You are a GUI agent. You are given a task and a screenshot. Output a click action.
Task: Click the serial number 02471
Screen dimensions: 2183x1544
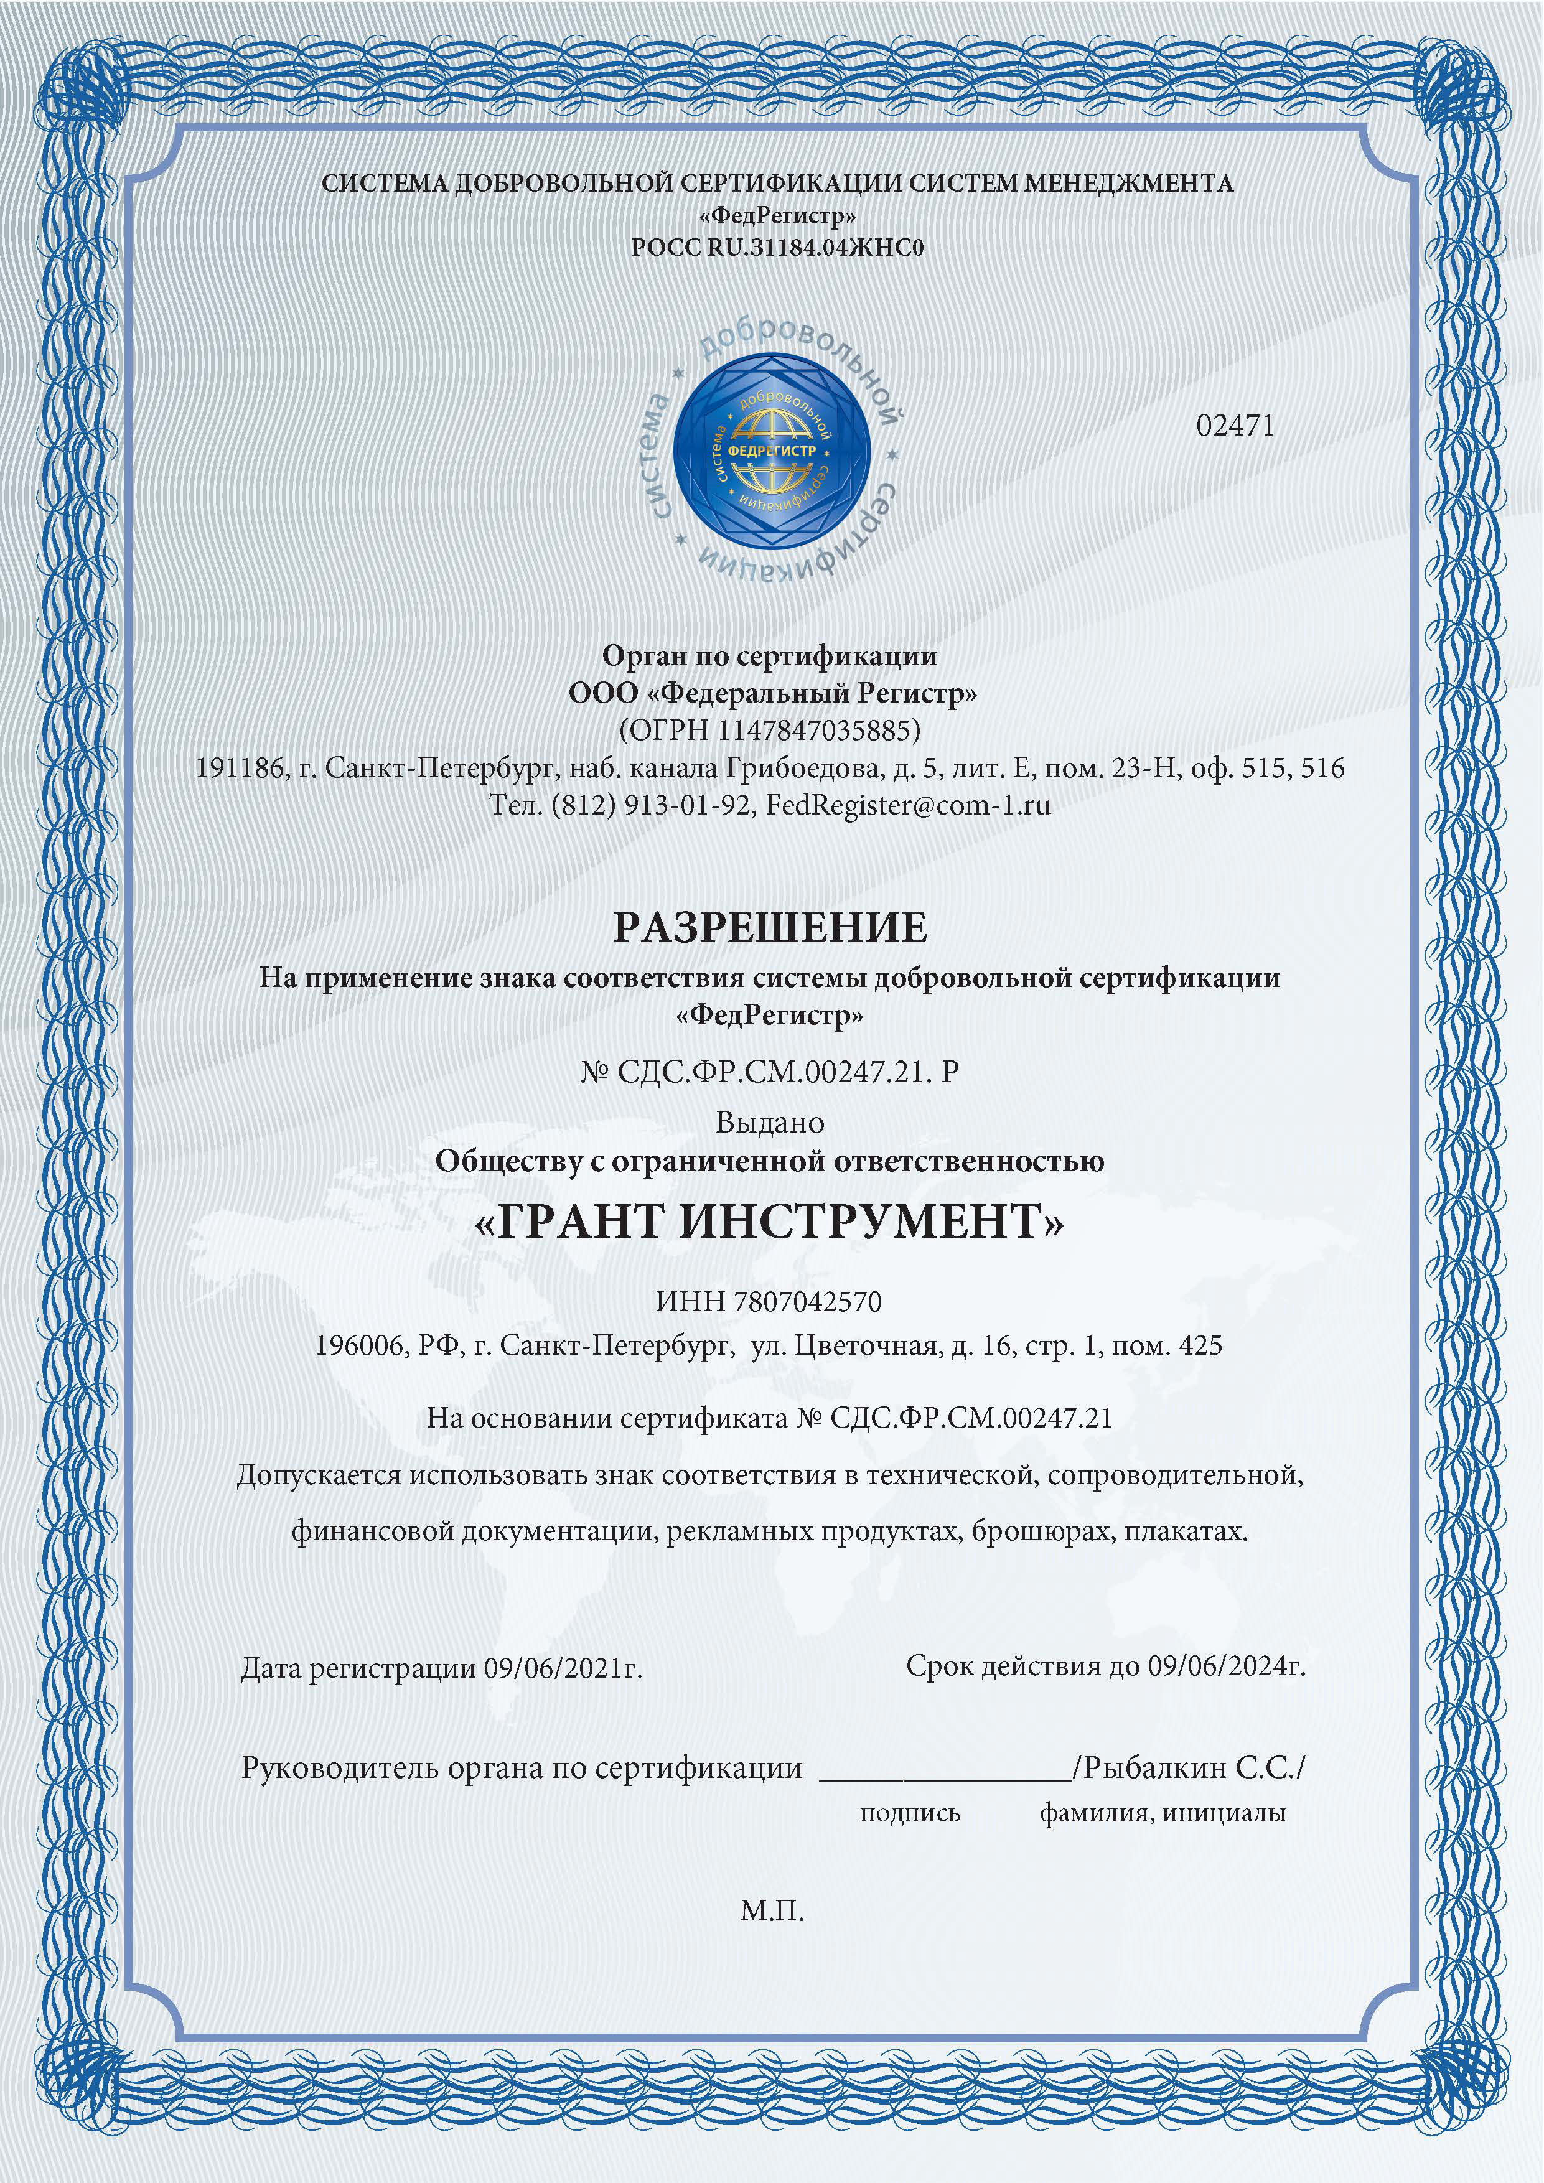[1235, 426]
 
